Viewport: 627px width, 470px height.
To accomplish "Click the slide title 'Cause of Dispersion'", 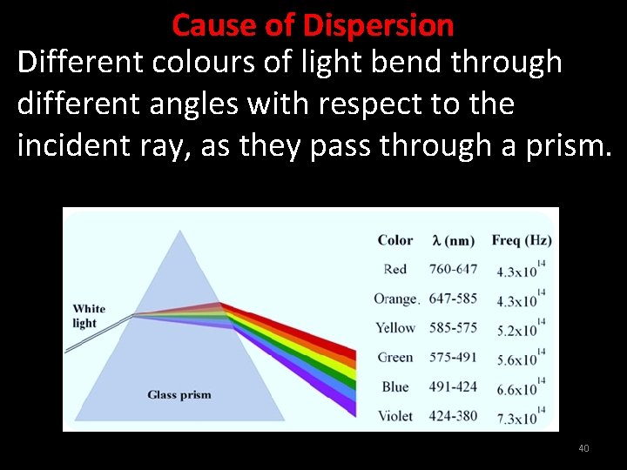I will point(313,24).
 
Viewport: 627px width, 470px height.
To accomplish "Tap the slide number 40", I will point(583,448).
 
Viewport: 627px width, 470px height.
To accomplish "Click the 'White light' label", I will point(89,316).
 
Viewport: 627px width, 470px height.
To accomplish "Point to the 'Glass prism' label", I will point(179,394).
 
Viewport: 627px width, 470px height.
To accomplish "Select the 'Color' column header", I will point(395,240).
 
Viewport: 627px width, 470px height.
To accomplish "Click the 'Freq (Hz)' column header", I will point(521,240).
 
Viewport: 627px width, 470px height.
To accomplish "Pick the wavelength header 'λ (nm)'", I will point(453,240).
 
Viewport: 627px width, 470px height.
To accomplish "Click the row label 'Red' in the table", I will point(394,269).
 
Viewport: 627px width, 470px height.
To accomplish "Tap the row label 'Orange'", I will point(396,299).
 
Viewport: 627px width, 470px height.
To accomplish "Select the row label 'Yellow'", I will point(395,328).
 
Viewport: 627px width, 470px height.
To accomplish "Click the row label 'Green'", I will point(395,357).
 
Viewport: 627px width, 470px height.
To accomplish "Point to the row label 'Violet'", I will point(395,416).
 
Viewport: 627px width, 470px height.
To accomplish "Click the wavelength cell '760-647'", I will point(453,269).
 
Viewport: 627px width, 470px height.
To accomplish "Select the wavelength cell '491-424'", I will point(453,386).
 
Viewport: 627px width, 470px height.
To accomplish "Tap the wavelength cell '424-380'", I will point(453,416).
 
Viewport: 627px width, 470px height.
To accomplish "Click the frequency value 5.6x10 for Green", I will point(518,360).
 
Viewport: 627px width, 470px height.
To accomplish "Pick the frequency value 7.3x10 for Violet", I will point(518,419).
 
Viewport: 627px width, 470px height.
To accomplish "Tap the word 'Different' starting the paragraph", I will point(71,63).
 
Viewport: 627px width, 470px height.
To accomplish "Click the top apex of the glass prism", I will point(180,231).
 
